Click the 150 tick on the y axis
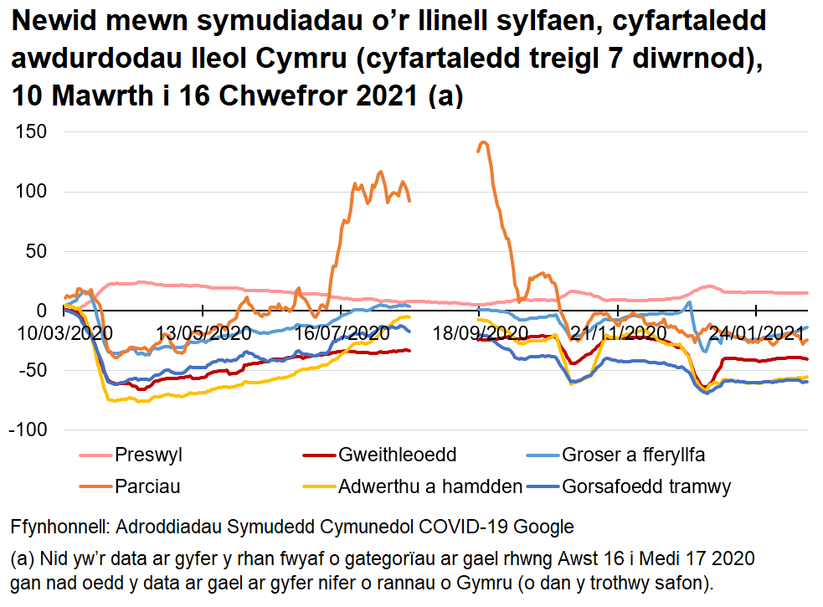coord(31,132)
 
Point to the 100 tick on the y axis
coord(31,192)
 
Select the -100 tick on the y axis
coord(28,430)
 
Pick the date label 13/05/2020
coord(205,332)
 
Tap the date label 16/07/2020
coord(343,332)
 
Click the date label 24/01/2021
coord(756,332)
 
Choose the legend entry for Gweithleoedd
coord(397,455)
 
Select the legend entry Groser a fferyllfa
coord(634,455)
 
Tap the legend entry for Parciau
coord(147,486)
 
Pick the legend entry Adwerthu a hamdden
coord(430,486)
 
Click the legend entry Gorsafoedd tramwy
coord(647,486)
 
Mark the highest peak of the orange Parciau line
coord(483,142)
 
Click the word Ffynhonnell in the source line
coord(58,527)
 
